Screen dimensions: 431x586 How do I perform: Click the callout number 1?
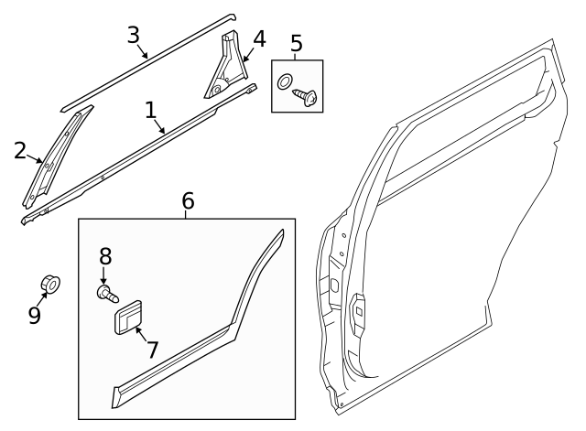(x=151, y=112)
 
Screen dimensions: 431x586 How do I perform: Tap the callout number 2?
(x=20, y=151)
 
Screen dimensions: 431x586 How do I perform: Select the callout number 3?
(x=134, y=36)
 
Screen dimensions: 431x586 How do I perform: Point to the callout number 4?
(x=259, y=39)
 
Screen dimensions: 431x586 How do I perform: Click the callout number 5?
(x=296, y=43)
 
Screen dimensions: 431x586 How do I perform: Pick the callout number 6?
(x=188, y=200)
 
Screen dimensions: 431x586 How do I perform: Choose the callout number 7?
(x=152, y=349)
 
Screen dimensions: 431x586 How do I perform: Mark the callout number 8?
(x=104, y=255)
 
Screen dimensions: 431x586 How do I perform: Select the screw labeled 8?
(x=108, y=294)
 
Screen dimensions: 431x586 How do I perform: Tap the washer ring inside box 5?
(x=285, y=81)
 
